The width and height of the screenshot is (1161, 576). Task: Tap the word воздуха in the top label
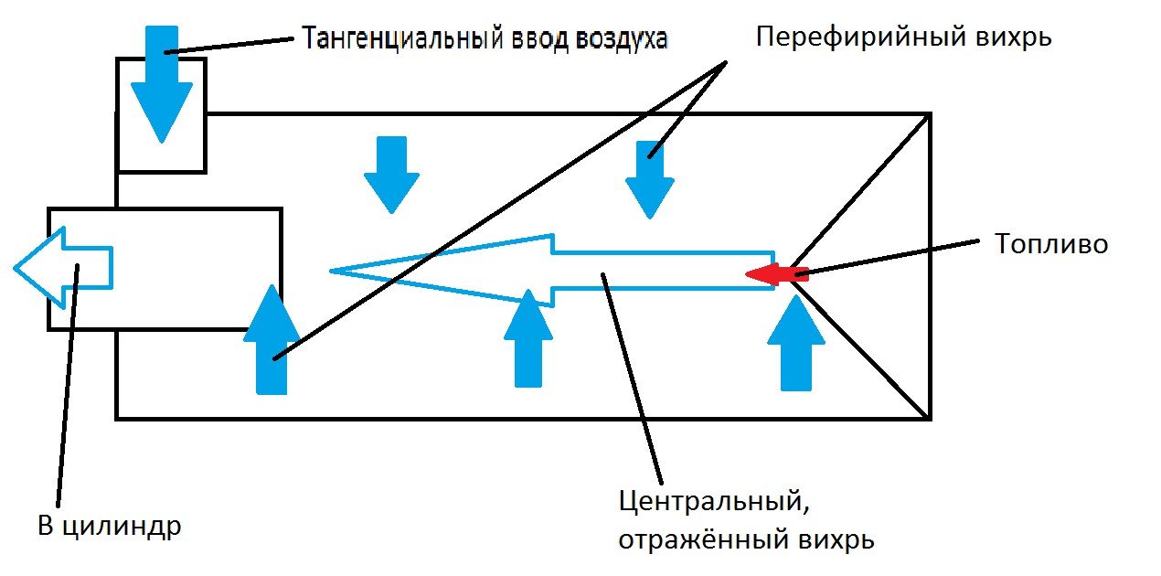622,38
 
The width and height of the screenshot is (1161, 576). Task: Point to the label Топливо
1050,244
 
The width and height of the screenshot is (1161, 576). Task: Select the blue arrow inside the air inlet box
162,87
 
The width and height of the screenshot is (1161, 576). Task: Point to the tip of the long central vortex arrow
334,270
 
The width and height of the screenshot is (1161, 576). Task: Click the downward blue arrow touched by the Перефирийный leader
650,178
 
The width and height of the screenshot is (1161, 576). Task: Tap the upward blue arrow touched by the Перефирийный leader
272,343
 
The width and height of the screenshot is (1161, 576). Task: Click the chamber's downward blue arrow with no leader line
391,174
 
